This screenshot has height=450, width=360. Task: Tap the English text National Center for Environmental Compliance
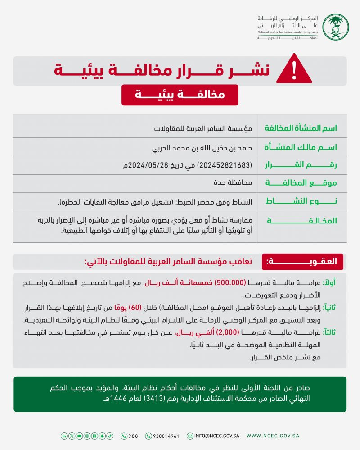click(x=288, y=33)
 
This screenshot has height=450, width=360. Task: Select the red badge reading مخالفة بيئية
click(x=180, y=95)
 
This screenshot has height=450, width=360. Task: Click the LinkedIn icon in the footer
click(x=64, y=436)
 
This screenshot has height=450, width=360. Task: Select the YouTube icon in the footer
click(x=80, y=436)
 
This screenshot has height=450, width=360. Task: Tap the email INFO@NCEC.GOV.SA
click(x=213, y=436)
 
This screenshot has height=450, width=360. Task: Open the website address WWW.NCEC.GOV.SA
click(x=273, y=436)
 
